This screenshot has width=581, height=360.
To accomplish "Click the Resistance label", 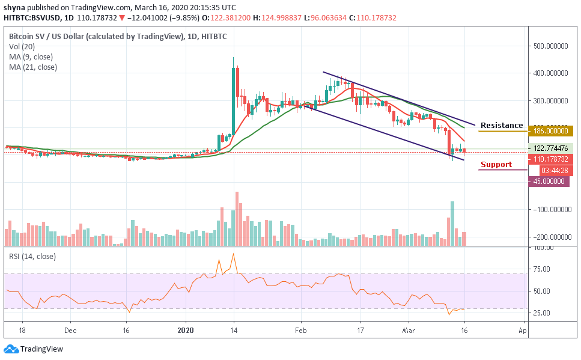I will pyautogui.click(x=502, y=126).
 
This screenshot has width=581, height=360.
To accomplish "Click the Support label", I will pyautogui.click(x=496, y=165).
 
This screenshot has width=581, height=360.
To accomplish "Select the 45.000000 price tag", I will pyautogui.click(x=549, y=182).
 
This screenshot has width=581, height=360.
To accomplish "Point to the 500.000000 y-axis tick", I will pyautogui.click(x=552, y=46).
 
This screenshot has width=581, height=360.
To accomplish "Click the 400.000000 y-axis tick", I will pyautogui.click(x=552, y=73).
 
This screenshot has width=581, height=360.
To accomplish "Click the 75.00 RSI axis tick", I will pyautogui.click(x=542, y=269).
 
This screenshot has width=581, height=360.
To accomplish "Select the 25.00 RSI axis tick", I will pyautogui.click(x=542, y=313).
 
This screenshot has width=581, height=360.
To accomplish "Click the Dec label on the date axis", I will pyautogui.click(x=70, y=331).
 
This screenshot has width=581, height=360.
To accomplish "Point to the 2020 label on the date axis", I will pyautogui.click(x=186, y=331).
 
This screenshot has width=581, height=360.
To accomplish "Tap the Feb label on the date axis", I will pyautogui.click(x=301, y=331).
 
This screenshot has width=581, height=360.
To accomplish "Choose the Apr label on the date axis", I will pyautogui.click(x=522, y=331).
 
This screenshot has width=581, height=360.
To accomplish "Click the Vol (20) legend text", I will pyautogui.click(x=22, y=47).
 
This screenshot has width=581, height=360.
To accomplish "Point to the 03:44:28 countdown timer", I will pyautogui.click(x=550, y=170).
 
